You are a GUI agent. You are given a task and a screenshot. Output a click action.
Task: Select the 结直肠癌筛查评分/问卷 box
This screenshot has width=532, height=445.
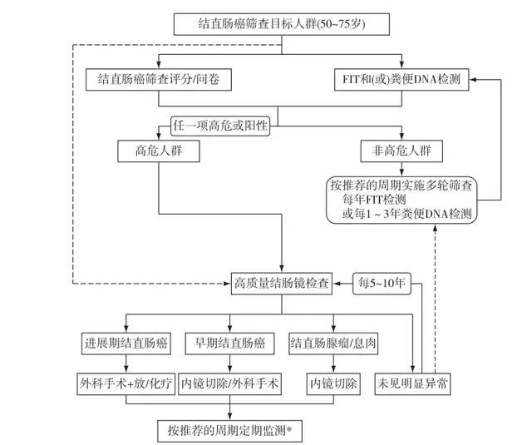158,81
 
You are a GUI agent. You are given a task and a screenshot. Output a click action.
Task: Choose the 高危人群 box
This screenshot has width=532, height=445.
158,151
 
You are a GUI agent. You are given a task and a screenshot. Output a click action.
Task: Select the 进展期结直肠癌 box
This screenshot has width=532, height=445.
126,344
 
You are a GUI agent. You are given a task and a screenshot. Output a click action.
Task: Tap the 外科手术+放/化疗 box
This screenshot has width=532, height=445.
126,384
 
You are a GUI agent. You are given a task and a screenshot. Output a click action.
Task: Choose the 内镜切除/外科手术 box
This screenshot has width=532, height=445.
230,384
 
